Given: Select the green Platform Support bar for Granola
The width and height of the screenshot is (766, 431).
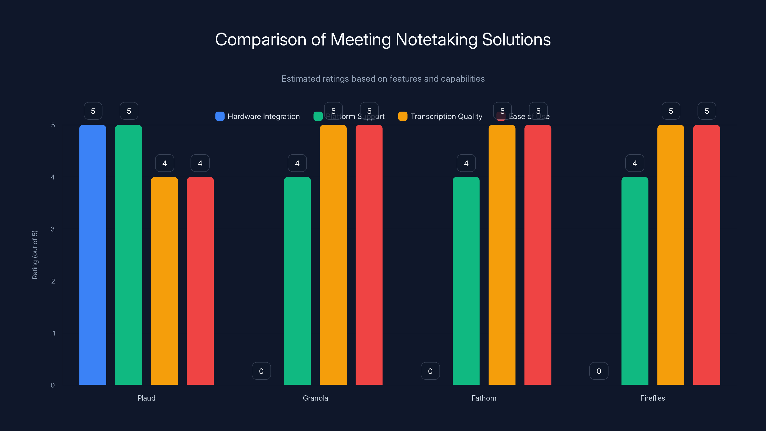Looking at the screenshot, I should [297, 281].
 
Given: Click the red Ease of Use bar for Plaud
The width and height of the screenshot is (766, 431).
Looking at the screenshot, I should [200, 281].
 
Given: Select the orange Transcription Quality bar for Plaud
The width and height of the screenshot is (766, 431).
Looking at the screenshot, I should [164, 281].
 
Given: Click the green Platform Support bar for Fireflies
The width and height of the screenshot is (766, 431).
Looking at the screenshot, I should [635, 281].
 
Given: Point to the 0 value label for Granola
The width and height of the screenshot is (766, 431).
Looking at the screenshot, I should [261, 371].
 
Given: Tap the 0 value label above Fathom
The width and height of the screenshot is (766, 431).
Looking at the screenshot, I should [430, 371].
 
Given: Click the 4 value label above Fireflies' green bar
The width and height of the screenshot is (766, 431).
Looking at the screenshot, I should [635, 163].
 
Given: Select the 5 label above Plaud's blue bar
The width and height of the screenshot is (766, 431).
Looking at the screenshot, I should [93, 111].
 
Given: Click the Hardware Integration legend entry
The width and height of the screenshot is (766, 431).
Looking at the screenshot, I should [258, 116].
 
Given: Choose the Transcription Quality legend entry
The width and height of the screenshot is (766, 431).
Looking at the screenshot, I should [440, 116].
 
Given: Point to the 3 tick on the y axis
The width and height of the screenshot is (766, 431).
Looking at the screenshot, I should [53, 229].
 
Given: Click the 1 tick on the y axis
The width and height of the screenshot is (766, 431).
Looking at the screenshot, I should [54, 333].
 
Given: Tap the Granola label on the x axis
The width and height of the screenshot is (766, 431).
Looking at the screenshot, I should [315, 398].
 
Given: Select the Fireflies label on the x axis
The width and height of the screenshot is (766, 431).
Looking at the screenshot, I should [652, 398].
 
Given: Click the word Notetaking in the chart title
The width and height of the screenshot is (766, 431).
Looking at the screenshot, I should [436, 39].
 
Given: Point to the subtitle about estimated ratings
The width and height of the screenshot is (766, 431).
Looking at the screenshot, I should [383, 79].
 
